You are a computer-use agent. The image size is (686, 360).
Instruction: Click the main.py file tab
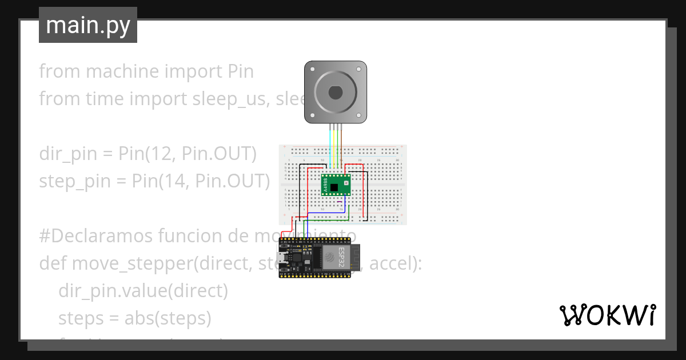coord(87,26)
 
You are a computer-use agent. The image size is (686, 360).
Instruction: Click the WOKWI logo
coord(607,315)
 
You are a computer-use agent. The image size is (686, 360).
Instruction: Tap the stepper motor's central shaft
coord(334,92)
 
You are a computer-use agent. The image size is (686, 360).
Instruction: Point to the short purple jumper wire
coord(340,202)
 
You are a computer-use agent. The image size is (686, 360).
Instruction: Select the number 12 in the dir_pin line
coord(161,154)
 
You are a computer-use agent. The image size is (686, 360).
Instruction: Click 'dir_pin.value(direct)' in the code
coord(143,291)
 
